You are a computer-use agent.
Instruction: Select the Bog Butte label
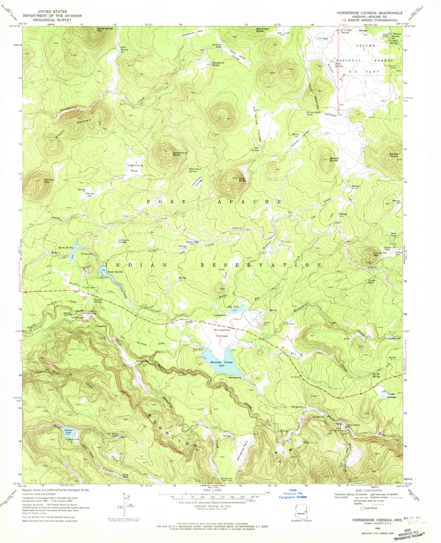243,180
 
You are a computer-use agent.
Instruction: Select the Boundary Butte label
262,30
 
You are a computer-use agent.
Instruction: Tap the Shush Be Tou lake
75,246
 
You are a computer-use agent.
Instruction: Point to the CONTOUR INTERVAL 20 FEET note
211,515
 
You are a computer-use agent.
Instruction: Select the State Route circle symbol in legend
362,508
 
